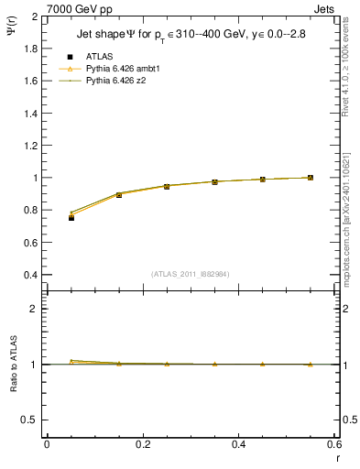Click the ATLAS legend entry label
(99, 56)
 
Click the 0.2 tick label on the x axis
(142, 444)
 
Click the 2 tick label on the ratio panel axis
(34, 309)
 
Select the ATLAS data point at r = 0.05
(71, 218)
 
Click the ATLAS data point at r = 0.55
(311, 178)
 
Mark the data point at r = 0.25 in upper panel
(167, 186)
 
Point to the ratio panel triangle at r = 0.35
(214, 364)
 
